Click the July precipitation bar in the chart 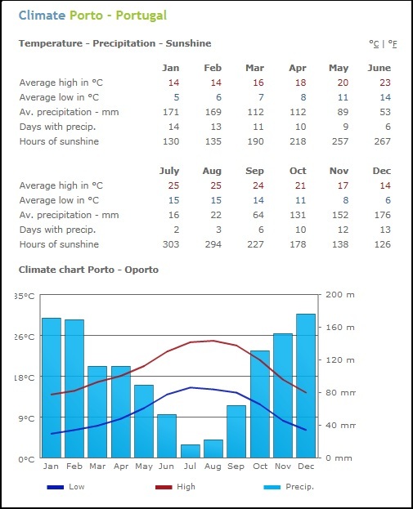tap(191, 451)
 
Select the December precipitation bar tap(306, 386)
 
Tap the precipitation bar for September tap(236, 431)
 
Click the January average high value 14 tap(174, 83)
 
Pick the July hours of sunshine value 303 tap(171, 244)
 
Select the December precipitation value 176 tap(383, 215)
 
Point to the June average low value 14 tap(385, 97)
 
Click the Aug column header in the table tap(212, 171)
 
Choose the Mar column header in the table tap(255, 68)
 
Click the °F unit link tap(393, 44)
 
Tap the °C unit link tap(374, 44)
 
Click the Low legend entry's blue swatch tap(56, 487)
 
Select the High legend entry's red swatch tap(164, 487)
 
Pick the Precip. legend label tap(299, 487)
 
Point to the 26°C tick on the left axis tap(25, 337)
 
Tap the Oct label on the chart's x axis tap(260, 467)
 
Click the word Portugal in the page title tap(141, 16)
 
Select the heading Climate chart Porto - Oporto tap(88, 270)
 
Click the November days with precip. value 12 tap(343, 230)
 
